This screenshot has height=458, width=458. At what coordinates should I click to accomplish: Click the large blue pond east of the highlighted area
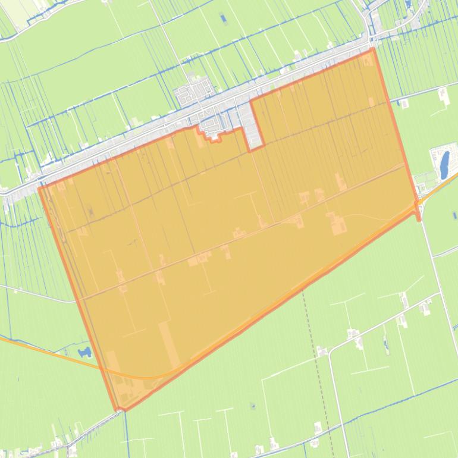pyautogui.click(x=444, y=165)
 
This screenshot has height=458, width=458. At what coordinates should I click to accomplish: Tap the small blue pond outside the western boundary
pyautogui.click(x=85, y=352)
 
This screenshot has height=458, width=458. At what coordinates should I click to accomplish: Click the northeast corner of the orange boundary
pyautogui.click(x=374, y=49)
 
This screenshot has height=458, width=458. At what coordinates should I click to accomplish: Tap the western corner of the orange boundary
pyautogui.click(x=40, y=189)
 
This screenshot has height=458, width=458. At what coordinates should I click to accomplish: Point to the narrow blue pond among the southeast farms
pyautogui.click(x=385, y=343)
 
